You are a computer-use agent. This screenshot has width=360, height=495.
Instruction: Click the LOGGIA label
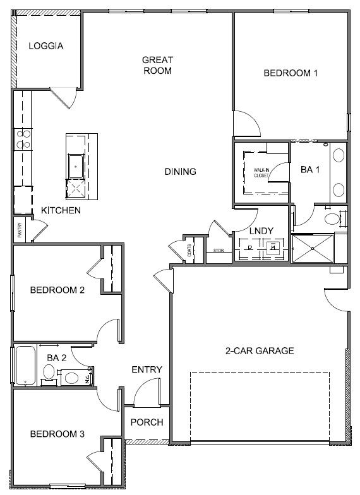(x=45, y=46)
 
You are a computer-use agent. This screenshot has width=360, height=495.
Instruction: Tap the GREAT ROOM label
(x=157, y=65)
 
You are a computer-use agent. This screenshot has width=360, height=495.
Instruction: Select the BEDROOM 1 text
(x=290, y=73)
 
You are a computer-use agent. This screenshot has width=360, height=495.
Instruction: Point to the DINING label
(x=180, y=171)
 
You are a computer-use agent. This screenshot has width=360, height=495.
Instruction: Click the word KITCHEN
(x=61, y=210)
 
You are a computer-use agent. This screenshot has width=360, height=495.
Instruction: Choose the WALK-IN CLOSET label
(x=261, y=172)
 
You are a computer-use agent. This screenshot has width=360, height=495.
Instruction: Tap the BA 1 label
(x=310, y=169)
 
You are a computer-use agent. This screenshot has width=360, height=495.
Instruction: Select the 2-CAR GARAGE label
(x=260, y=351)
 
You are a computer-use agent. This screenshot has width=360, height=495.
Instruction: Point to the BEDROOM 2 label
(x=57, y=290)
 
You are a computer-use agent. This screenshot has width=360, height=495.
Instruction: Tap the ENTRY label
(x=147, y=370)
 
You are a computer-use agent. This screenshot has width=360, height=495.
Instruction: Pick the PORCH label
(x=147, y=422)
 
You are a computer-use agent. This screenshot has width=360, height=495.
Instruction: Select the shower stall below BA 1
(x=312, y=249)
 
